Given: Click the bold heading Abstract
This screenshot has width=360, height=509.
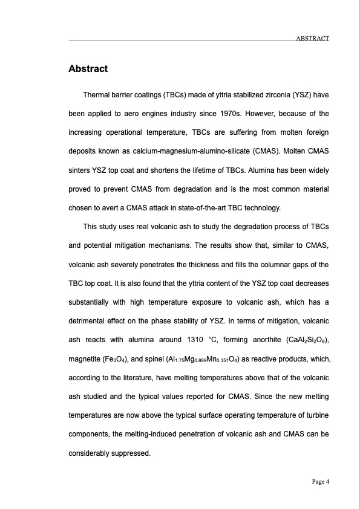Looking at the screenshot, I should (88, 69).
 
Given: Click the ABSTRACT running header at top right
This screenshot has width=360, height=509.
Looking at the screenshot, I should (312, 39).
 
